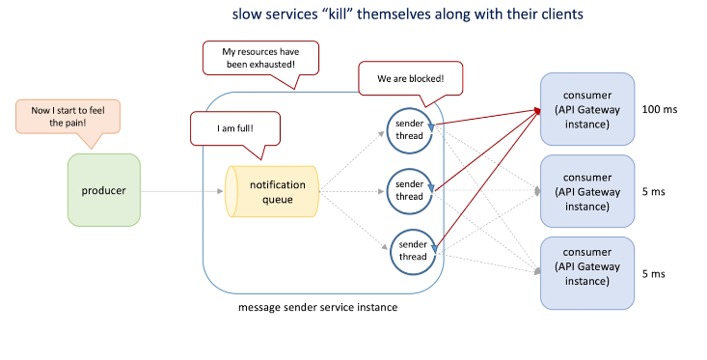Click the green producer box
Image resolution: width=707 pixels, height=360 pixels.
(x=104, y=190)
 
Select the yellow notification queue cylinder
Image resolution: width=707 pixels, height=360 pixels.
(x=272, y=191)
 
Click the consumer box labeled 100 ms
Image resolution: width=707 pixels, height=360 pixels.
(x=587, y=109)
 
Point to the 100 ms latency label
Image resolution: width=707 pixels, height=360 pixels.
(x=660, y=109)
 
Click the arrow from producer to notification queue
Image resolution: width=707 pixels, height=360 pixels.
(x=182, y=191)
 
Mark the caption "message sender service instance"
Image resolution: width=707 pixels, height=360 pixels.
(x=318, y=307)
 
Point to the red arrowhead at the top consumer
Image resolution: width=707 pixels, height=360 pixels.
(x=537, y=111)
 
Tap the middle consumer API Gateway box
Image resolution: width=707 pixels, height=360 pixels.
(x=587, y=191)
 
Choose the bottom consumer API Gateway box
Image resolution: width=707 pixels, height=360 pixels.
(x=587, y=273)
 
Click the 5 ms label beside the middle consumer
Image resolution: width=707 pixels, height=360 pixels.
(x=653, y=192)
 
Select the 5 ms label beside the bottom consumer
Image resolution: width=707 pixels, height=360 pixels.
(x=653, y=274)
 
